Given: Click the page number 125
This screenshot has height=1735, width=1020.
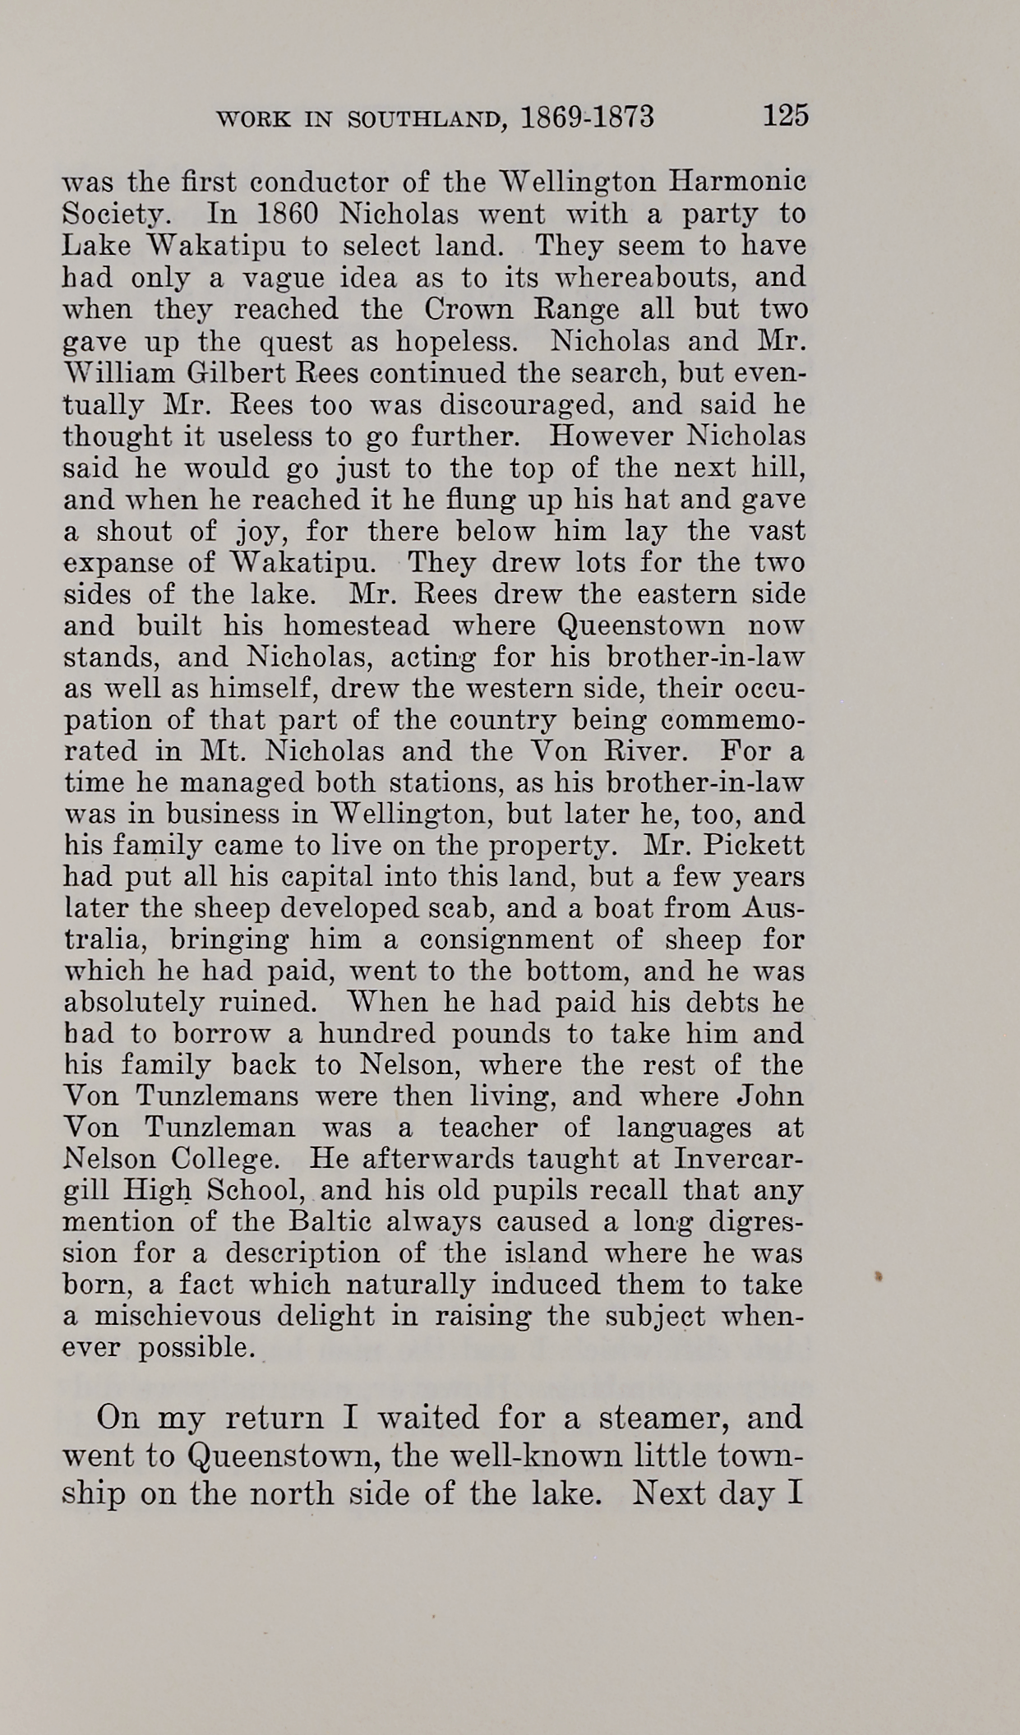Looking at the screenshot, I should tap(785, 115).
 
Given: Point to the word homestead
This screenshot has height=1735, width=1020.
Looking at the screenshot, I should tap(356, 626).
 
